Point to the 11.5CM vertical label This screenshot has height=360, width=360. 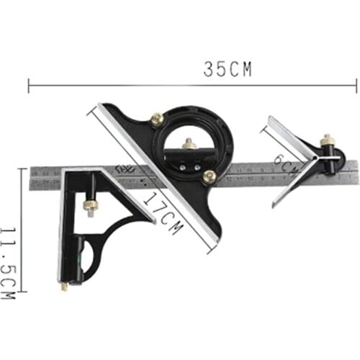8,264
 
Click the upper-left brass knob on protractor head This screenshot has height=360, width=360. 156,120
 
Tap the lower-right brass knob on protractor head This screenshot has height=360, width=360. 210,177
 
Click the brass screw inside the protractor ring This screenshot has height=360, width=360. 189,144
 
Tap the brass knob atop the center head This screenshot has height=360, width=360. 326,139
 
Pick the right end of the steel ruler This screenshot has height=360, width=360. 356,172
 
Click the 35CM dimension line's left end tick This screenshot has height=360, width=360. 29,86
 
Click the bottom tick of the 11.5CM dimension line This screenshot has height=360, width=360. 22,292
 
